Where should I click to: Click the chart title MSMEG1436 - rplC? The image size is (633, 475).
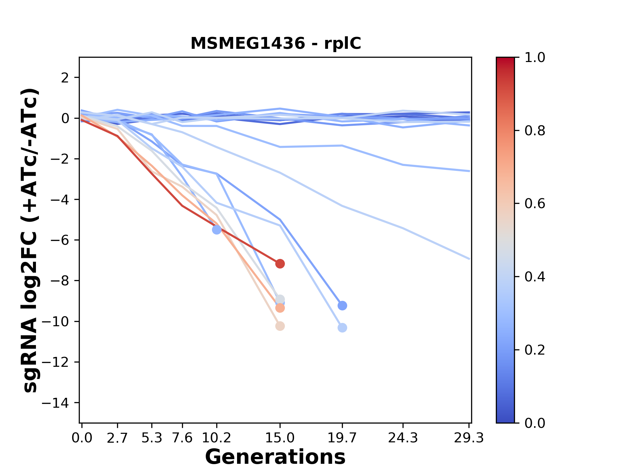tap(276, 44)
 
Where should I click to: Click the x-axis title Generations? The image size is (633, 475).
tap(275, 457)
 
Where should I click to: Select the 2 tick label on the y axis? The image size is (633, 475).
tap(65, 78)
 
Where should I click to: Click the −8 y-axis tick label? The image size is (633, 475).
tap(59, 281)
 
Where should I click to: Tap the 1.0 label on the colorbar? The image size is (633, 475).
tap(535, 58)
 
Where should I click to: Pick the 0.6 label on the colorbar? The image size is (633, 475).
tap(535, 204)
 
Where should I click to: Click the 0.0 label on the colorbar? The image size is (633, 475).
tap(535, 423)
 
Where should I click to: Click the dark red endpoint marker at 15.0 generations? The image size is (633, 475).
tap(280, 264)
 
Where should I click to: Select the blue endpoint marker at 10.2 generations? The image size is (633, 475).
tap(217, 230)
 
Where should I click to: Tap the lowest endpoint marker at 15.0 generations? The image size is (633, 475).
tap(280, 326)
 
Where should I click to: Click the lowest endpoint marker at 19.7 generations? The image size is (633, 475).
tap(342, 328)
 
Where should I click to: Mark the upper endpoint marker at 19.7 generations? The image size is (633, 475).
tap(342, 305)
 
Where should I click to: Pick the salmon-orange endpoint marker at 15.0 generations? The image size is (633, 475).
tap(280, 308)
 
